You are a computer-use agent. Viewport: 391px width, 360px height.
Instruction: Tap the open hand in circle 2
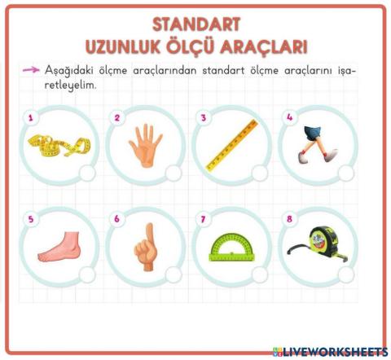pos(145,145)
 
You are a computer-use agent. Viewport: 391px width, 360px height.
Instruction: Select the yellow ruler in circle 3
pos(231,145)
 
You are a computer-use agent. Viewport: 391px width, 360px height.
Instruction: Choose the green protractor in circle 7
pos(231,247)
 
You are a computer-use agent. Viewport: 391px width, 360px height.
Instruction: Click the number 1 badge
pos(30,117)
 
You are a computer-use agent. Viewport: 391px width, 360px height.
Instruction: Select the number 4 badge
pos(288,117)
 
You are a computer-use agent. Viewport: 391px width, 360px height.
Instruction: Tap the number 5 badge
pos(30,218)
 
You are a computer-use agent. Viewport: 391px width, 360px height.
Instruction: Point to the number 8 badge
pos(288,218)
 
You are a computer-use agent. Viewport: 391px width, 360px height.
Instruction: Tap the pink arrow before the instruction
pos(31,70)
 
